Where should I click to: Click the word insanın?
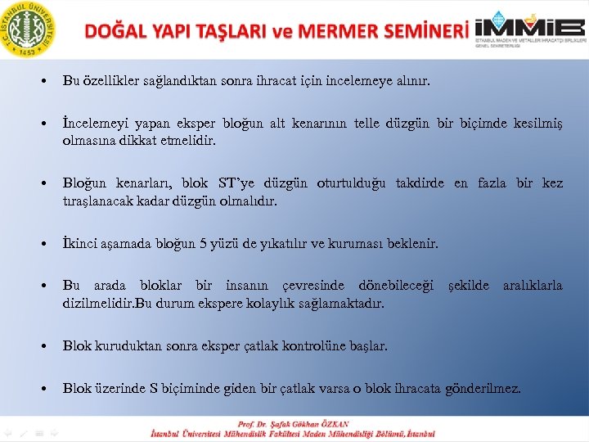click(x=250, y=286)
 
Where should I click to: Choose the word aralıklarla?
click(x=533, y=286)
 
